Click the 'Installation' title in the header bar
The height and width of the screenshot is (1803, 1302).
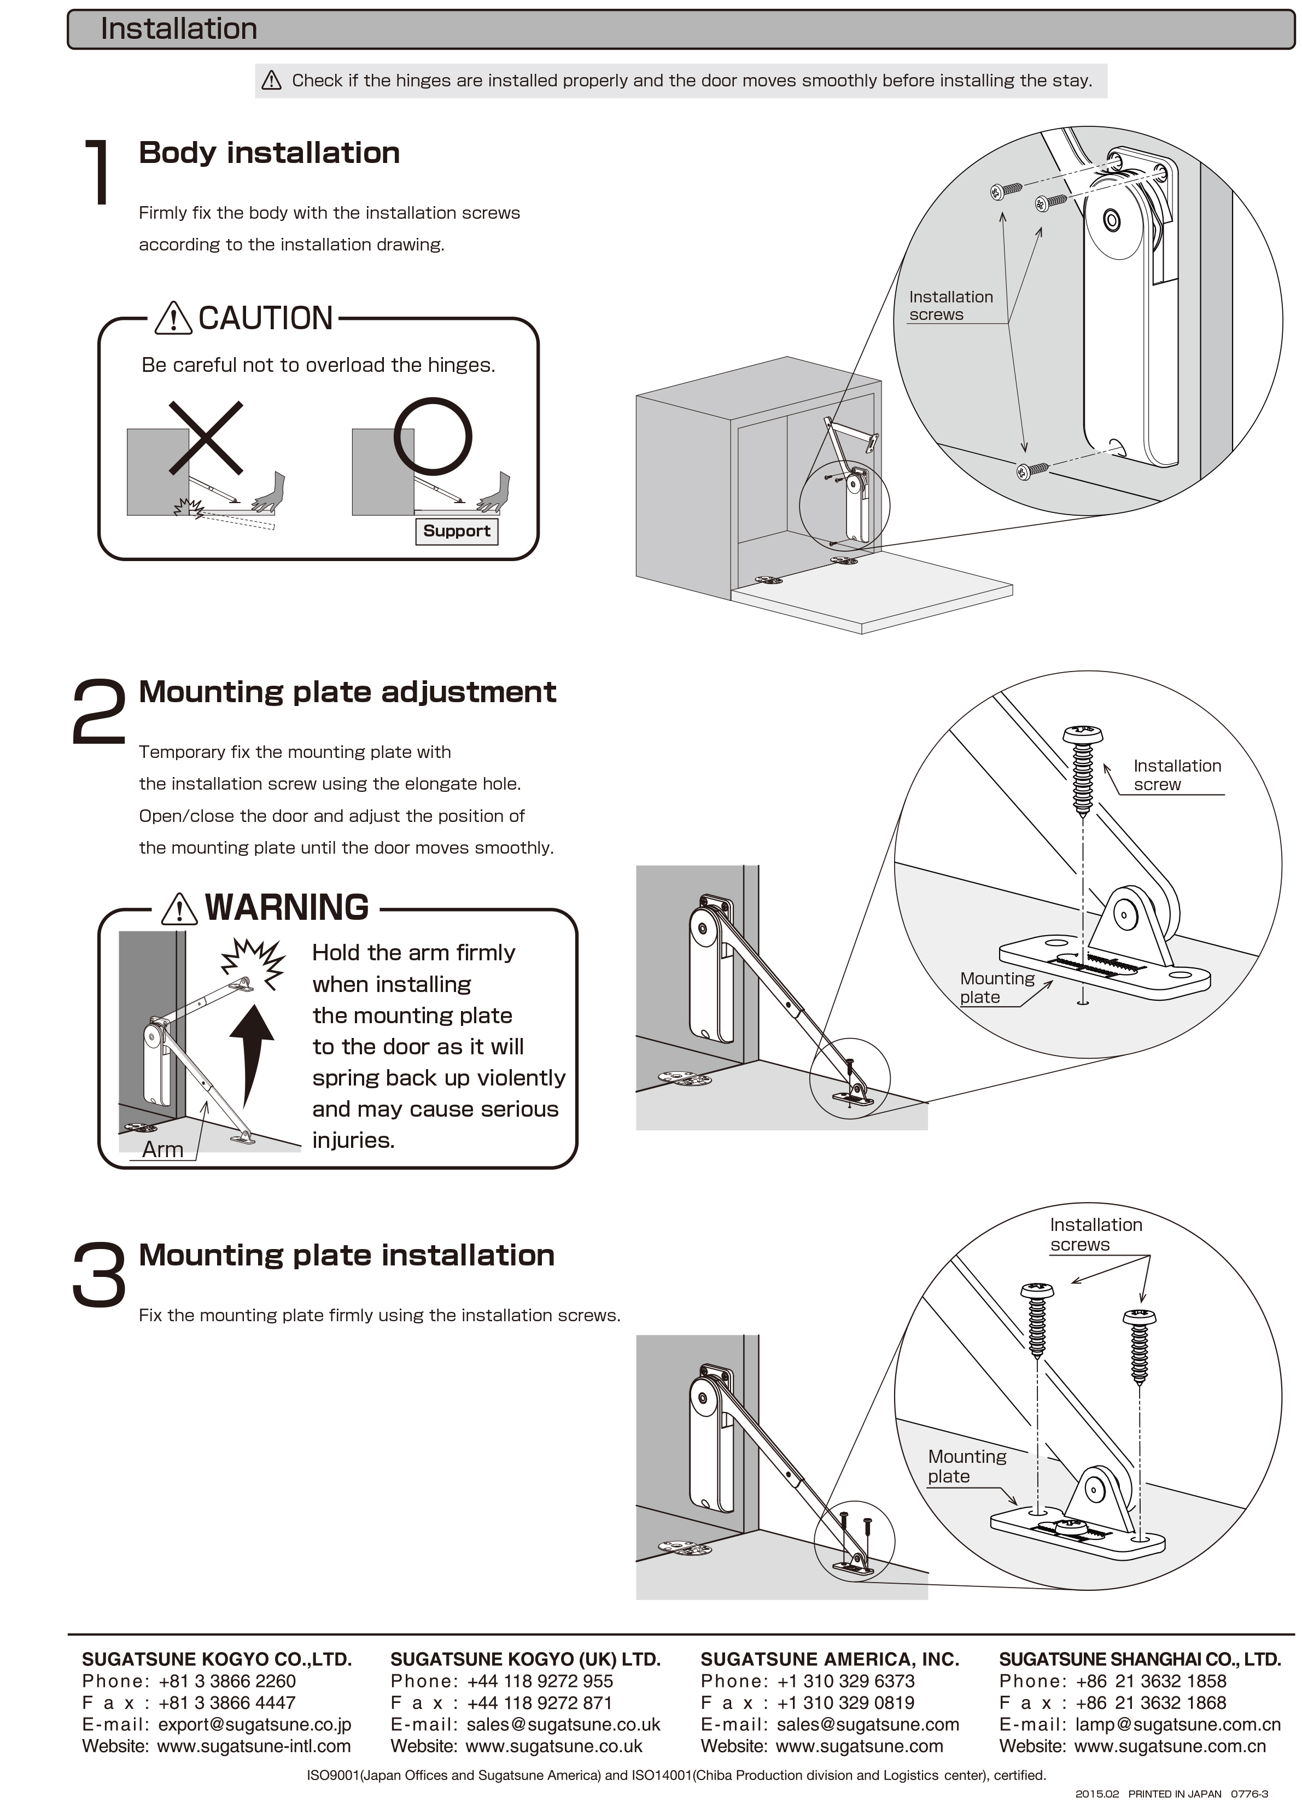coord(179,30)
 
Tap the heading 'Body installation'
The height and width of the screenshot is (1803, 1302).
coord(268,153)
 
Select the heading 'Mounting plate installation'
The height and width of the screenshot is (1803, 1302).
coord(347,1254)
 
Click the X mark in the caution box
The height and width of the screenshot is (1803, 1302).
coord(206,437)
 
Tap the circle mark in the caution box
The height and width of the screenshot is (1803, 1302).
coord(433,436)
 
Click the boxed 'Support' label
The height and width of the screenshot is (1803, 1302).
coord(456,531)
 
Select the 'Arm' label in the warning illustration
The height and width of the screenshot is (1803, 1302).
coord(162,1150)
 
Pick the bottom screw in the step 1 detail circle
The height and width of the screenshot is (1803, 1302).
coord(1032,471)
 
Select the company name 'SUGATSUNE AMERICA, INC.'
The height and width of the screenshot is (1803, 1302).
coord(829,1659)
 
